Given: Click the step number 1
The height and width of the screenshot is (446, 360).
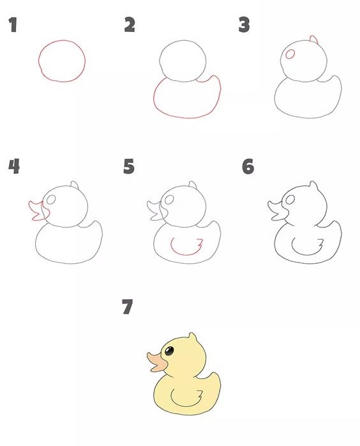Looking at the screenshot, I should (12, 26).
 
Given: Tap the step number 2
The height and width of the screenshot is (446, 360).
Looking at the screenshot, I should (130, 26).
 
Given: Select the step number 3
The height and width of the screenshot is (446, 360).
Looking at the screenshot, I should (244, 26).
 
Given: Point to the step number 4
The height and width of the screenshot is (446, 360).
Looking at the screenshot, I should (13, 167).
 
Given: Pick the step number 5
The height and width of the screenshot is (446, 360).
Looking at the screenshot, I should (130, 167).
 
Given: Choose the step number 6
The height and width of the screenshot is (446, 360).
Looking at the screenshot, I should (248, 167).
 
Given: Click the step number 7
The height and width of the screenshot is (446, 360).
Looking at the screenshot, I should (127, 308).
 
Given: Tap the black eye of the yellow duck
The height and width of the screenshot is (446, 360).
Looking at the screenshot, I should (169, 351).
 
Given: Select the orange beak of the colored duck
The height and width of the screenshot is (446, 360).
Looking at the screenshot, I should (155, 362).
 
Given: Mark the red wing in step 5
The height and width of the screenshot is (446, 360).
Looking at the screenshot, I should (186, 245).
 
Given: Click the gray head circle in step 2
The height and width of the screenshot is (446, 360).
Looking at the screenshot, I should (183, 59).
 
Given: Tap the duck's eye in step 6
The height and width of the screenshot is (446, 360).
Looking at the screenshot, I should (290, 200).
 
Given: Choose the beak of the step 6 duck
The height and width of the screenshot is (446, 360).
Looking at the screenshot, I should (275, 210).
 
